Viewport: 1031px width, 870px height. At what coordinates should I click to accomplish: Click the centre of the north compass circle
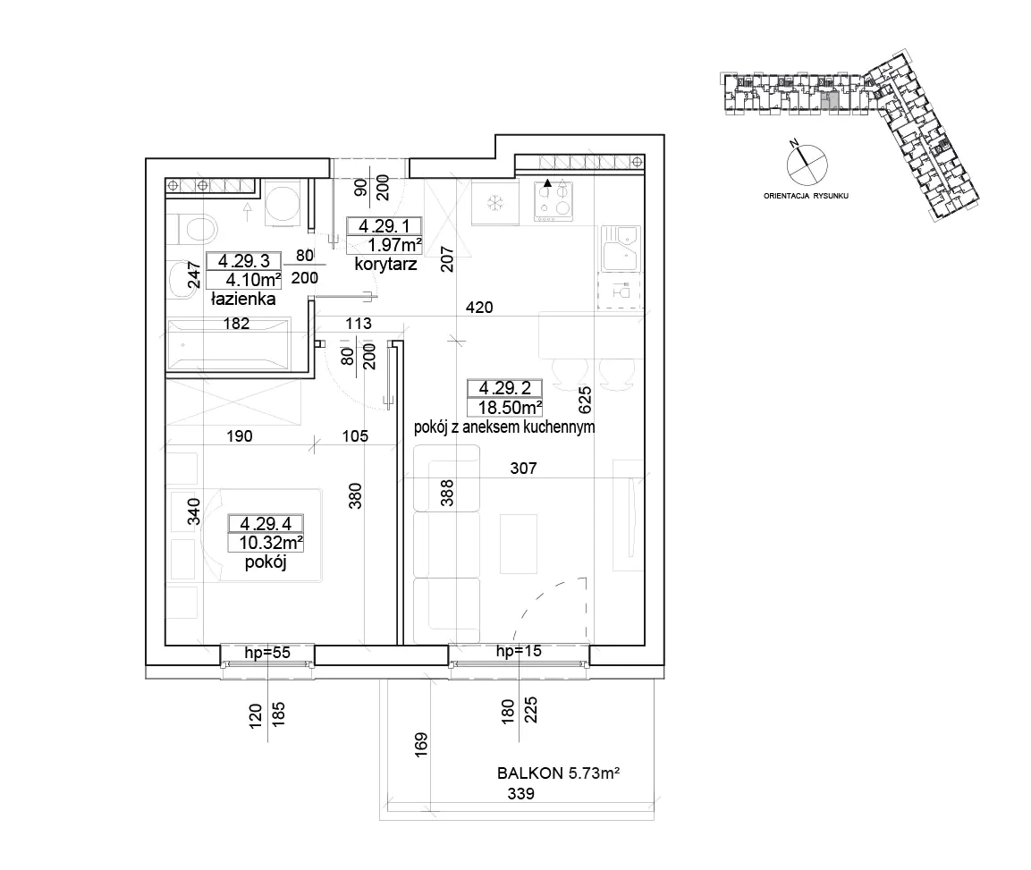pos(807,165)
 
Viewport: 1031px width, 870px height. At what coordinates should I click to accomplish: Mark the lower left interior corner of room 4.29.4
pos(165,645)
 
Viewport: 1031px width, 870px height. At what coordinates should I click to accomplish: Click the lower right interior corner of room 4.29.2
pos(645,645)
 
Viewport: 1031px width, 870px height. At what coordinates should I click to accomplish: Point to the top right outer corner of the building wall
pos(664,135)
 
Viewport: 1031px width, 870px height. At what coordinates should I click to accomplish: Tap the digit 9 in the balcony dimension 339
pos(529,794)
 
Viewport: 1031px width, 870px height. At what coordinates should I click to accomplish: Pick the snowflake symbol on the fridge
pos(494,203)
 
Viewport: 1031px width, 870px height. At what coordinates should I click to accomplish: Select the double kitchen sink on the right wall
pos(620,249)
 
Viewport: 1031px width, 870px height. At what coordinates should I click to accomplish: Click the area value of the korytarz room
pos(394,245)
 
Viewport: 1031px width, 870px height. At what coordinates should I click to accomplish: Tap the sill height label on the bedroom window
pos(267,653)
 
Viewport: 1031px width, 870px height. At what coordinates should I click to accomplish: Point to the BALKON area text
pos(558,773)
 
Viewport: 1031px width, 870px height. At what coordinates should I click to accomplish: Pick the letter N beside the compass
pos(794,143)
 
